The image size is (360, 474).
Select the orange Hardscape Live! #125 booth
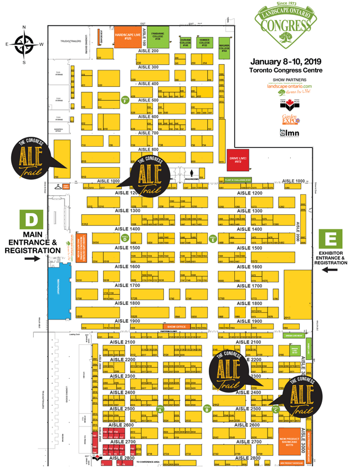[127, 36]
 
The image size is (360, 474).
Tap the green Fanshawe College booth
[158, 36]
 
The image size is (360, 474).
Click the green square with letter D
[32, 219]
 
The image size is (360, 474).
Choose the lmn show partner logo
[289, 133]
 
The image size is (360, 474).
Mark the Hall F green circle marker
[125, 100]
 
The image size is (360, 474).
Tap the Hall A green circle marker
[160, 410]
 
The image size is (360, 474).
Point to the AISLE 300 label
[148, 67]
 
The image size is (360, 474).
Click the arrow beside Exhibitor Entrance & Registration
[331, 270]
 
